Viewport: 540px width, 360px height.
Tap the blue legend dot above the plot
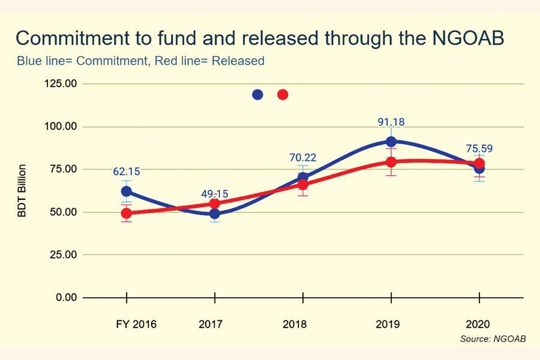pyautogui.click(x=257, y=94)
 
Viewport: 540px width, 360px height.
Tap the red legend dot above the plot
pyautogui.click(x=283, y=94)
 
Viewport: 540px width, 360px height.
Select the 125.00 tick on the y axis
pyautogui.click(x=61, y=83)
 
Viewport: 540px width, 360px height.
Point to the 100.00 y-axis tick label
pyautogui.click(x=61, y=127)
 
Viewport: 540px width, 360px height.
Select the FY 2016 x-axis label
pyautogui.click(x=136, y=324)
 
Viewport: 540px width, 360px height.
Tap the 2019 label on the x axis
pyautogui.click(x=391, y=324)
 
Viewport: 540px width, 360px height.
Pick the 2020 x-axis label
pyautogui.click(x=479, y=324)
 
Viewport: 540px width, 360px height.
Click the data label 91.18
pyautogui.click(x=391, y=122)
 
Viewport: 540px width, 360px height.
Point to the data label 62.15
pyautogui.click(x=127, y=172)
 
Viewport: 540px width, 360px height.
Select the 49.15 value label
pyautogui.click(x=214, y=194)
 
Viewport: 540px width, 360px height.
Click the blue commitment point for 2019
pyautogui.click(x=391, y=142)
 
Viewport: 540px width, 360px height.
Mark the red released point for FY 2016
pyautogui.click(x=127, y=213)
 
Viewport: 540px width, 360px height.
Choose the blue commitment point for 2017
pyautogui.click(x=214, y=214)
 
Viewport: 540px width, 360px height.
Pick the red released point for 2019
pyautogui.click(x=391, y=162)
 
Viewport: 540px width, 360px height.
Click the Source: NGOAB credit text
pyautogui.click(x=493, y=339)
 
